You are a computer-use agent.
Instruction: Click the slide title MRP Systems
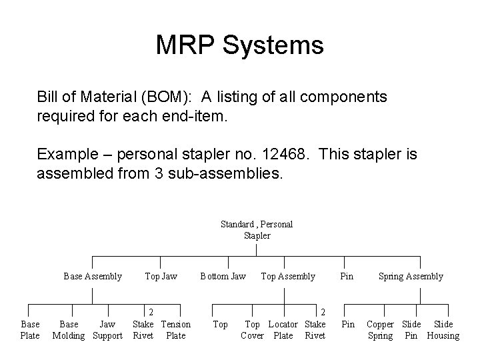coord(239,45)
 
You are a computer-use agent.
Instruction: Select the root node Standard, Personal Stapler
coord(257,230)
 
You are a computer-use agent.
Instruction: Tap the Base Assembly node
coord(93,276)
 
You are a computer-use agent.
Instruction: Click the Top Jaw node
coord(161,276)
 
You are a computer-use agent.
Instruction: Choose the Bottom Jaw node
coord(223,276)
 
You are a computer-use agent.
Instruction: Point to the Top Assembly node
coord(288,276)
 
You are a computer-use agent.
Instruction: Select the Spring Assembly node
coord(411,276)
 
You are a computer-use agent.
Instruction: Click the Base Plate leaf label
coord(30,330)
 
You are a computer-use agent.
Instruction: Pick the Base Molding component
coord(69,330)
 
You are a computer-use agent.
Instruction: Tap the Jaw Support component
coord(107,330)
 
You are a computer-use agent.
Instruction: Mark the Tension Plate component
coord(176,330)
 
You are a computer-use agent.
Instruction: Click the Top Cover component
coord(253,330)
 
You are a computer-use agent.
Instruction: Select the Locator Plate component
coord(283,330)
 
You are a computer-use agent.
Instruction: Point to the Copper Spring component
coord(381,330)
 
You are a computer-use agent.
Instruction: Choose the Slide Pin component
coord(411,330)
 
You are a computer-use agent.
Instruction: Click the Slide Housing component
coord(443,330)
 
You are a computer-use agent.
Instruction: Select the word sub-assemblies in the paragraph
coord(226,175)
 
